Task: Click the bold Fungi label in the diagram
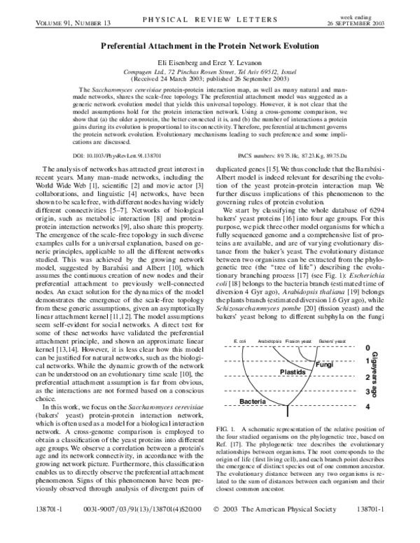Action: tap(323, 365)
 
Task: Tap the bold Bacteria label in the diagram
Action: tap(253, 401)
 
